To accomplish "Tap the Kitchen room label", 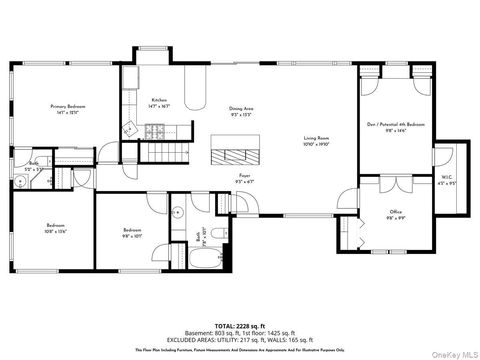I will click(x=159, y=102).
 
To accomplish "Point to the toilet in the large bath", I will click(x=176, y=214).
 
